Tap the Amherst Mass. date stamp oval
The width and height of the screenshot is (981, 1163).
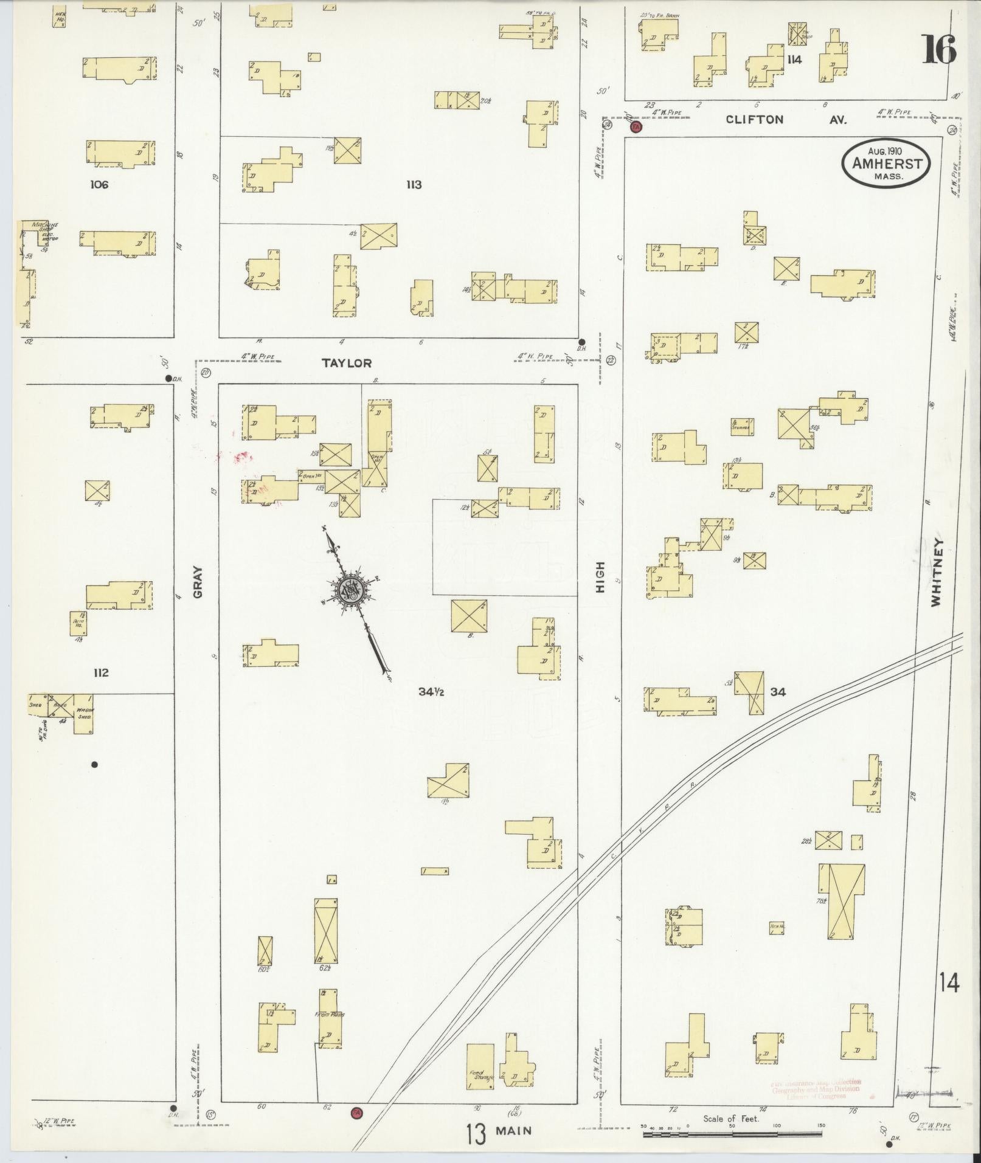point(886,162)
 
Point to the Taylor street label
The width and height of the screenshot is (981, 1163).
point(346,363)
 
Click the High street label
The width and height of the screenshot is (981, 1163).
point(600,578)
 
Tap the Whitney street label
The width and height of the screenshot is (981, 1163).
point(935,571)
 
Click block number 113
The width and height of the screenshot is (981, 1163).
point(414,184)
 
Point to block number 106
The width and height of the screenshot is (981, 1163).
point(99,184)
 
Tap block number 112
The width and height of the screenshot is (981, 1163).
point(101,672)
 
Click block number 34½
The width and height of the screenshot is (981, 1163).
point(431,691)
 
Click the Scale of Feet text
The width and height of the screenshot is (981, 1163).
point(731,1119)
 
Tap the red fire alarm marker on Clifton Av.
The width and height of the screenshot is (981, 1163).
point(636,127)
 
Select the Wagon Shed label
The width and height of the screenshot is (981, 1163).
point(83,713)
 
